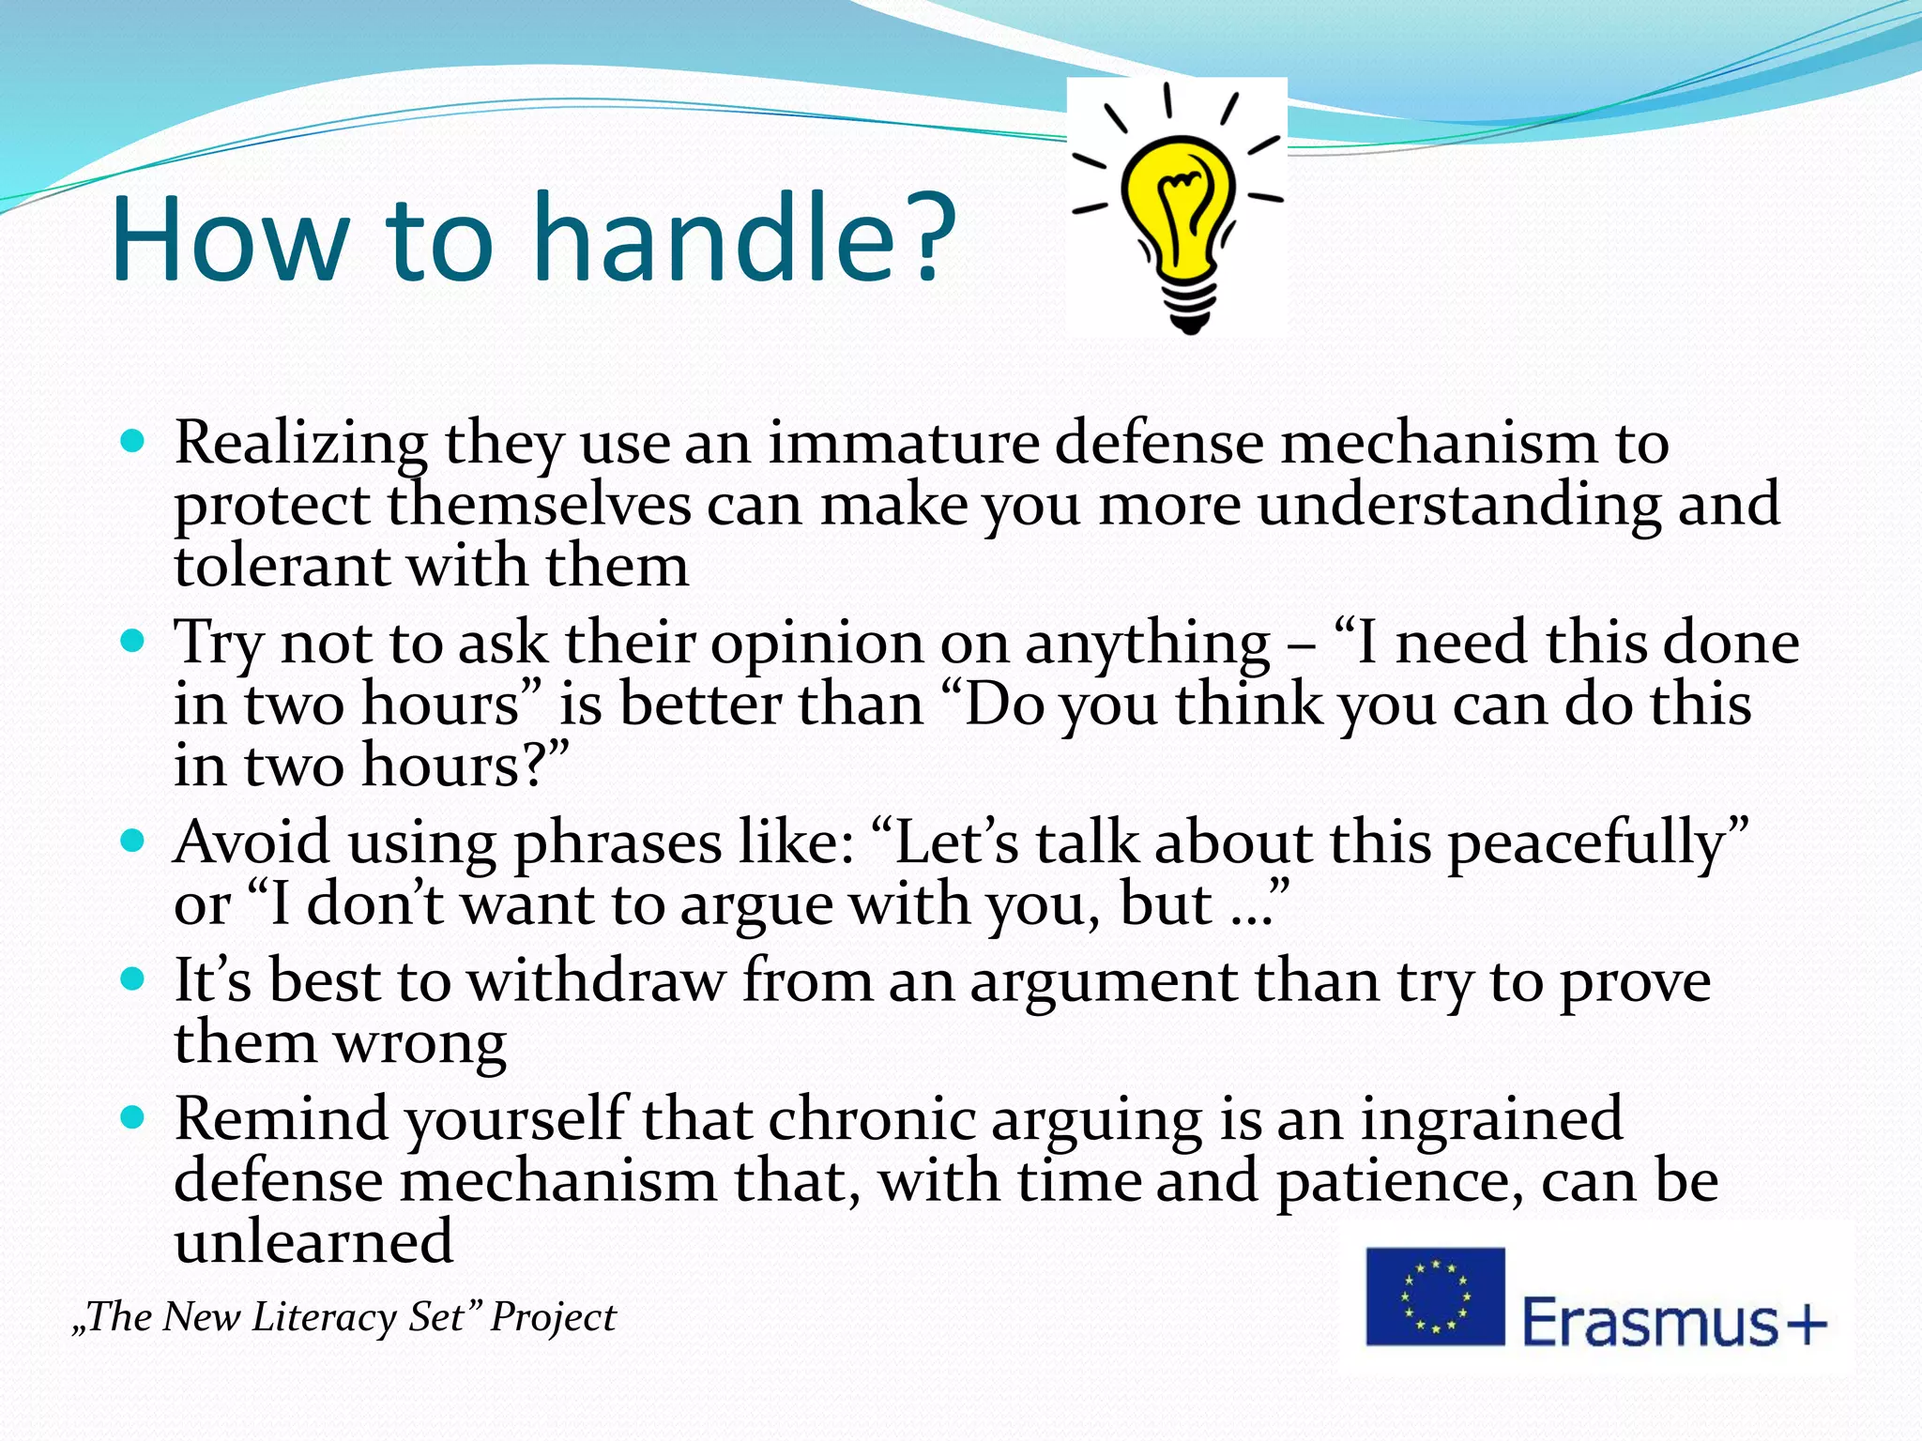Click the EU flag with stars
pyautogui.click(x=1434, y=1297)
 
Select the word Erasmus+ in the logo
pyautogui.click(x=1673, y=1323)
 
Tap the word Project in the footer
pyautogui.click(x=553, y=1317)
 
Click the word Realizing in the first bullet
pyautogui.click(x=301, y=443)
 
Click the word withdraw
pyautogui.click(x=596, y=981)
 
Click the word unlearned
pyautogui.click(x=313, y=1242)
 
